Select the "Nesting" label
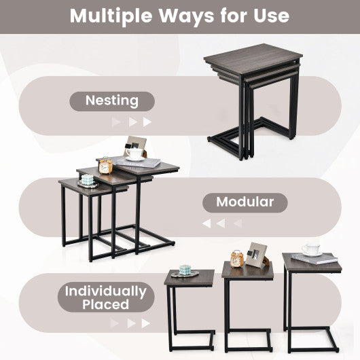(x=111, y=101)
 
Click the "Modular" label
(x=245, y=202)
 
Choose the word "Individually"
(x=105, y=292)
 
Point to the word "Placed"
(x=105, y=305)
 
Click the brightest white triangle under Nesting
(x=148, y=122)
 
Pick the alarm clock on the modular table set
(x=105, y=166)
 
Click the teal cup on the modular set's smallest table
(x=88, y=180)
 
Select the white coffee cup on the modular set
(x=135, y=154)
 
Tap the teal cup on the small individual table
(x=184, y=270)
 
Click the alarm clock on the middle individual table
(x=236, y=258)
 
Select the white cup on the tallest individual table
(x=311, y=249)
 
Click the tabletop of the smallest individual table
(x=189, y=277)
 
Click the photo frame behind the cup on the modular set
(x=135, y=145)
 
